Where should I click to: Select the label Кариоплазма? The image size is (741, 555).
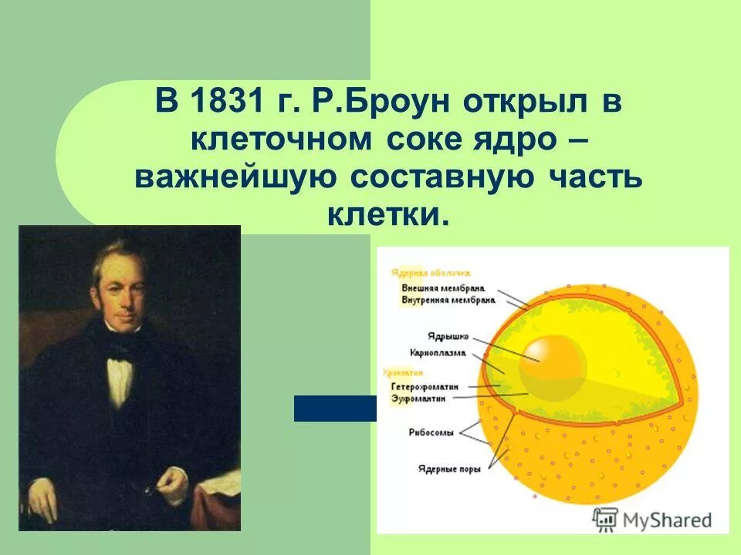click(437, 352)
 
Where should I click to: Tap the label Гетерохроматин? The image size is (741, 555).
click(425, 386)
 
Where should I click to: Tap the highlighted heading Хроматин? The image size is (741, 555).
click(398, 372)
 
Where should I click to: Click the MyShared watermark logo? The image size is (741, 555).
click(652, 519)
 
